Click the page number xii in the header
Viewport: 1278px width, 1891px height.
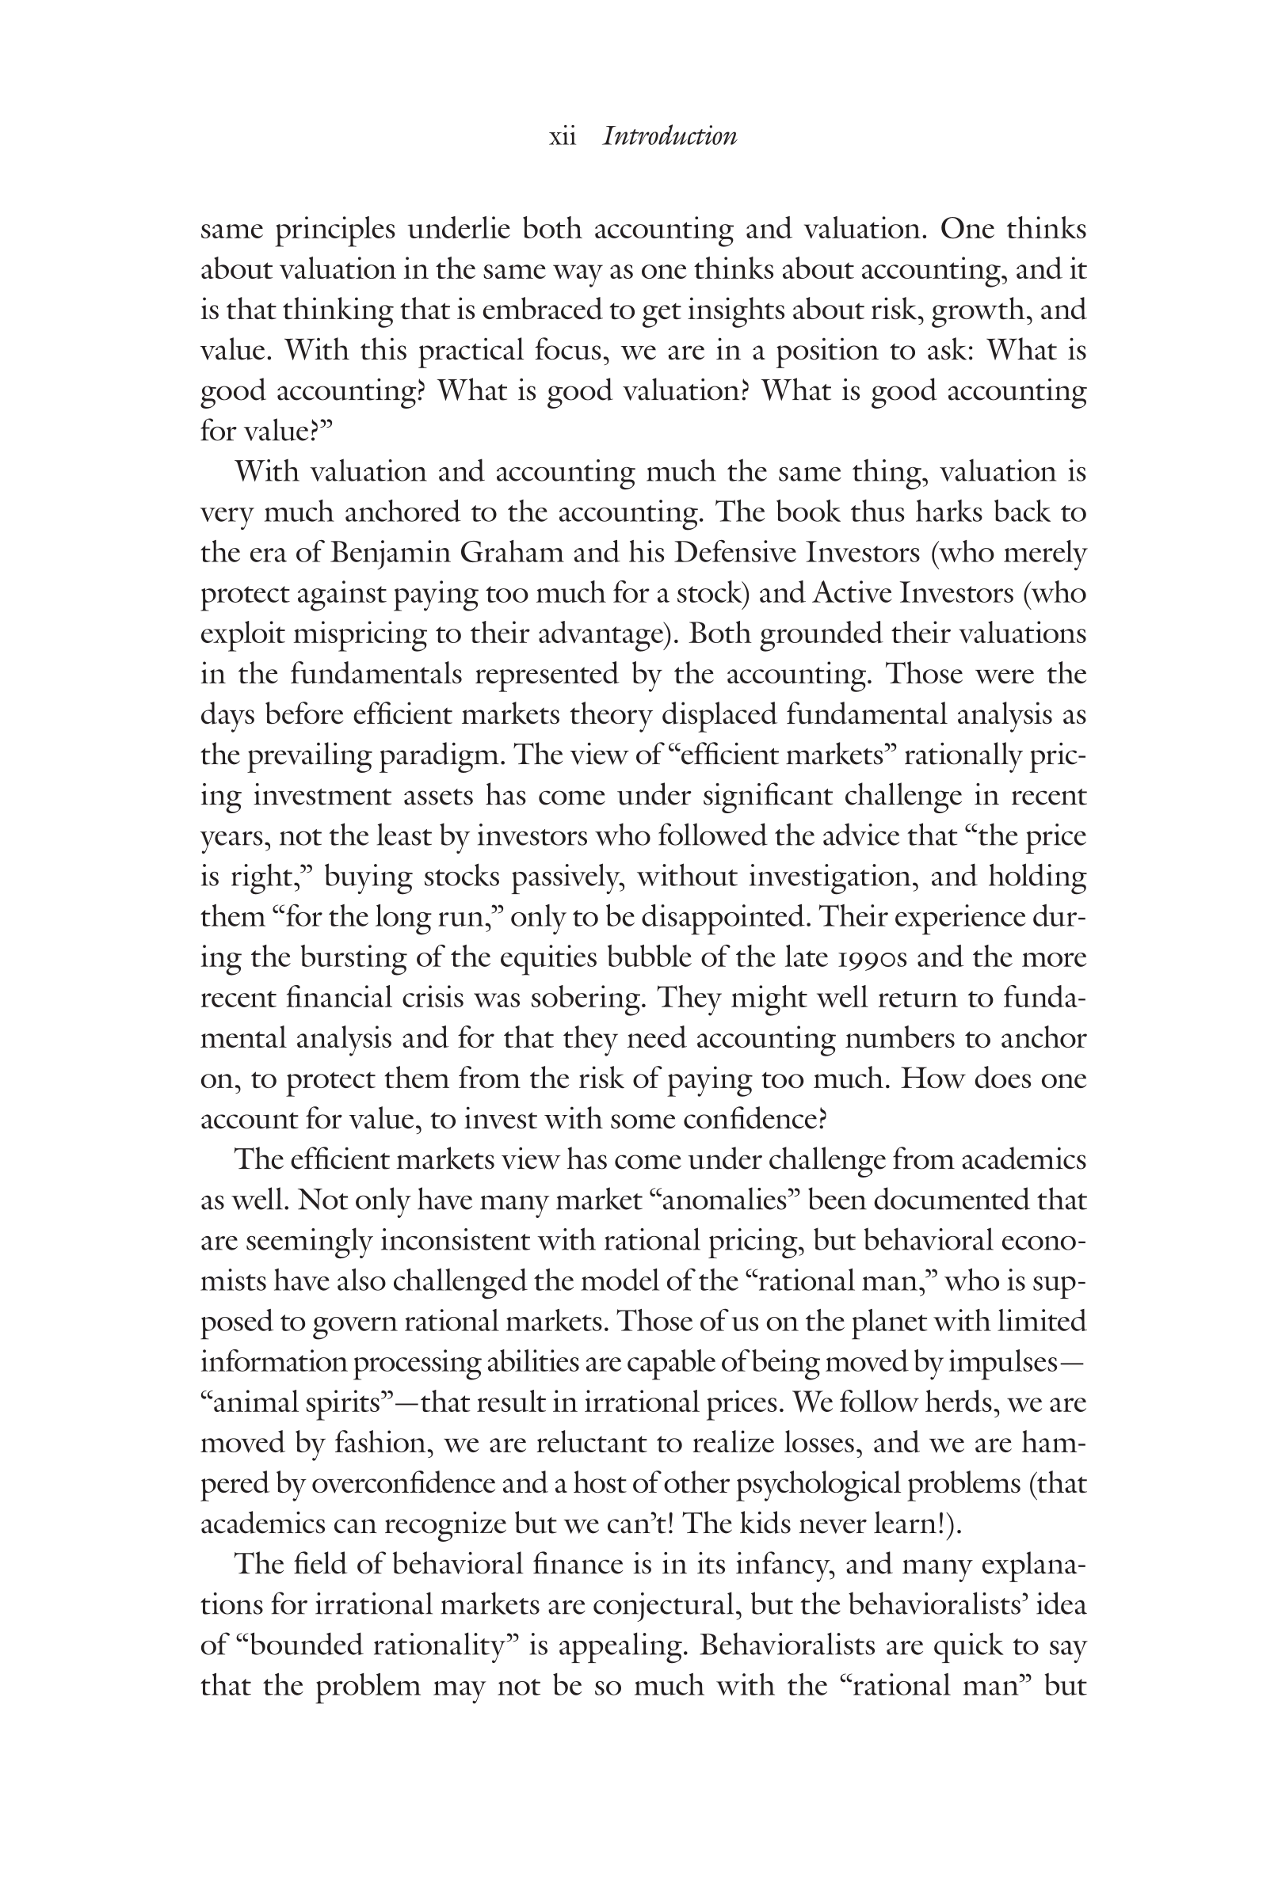[563, 136]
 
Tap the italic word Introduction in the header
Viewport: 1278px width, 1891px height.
[670, 136]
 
